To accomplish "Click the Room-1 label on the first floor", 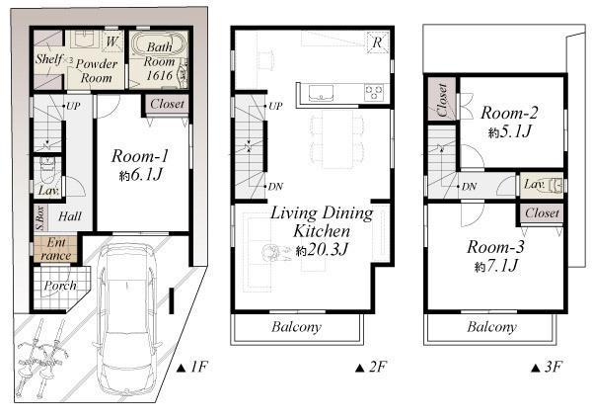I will coord(140,155).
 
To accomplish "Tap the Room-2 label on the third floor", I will coord(510,112).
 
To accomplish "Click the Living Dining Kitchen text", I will coord(321,221).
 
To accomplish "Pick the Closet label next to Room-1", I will coord(167,103).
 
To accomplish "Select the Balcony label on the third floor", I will coord(492,327).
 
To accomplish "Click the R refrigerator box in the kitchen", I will coord(378,42).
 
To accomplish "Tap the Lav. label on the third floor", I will coord(534,184).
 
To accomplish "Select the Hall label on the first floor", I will coord(69,215).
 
